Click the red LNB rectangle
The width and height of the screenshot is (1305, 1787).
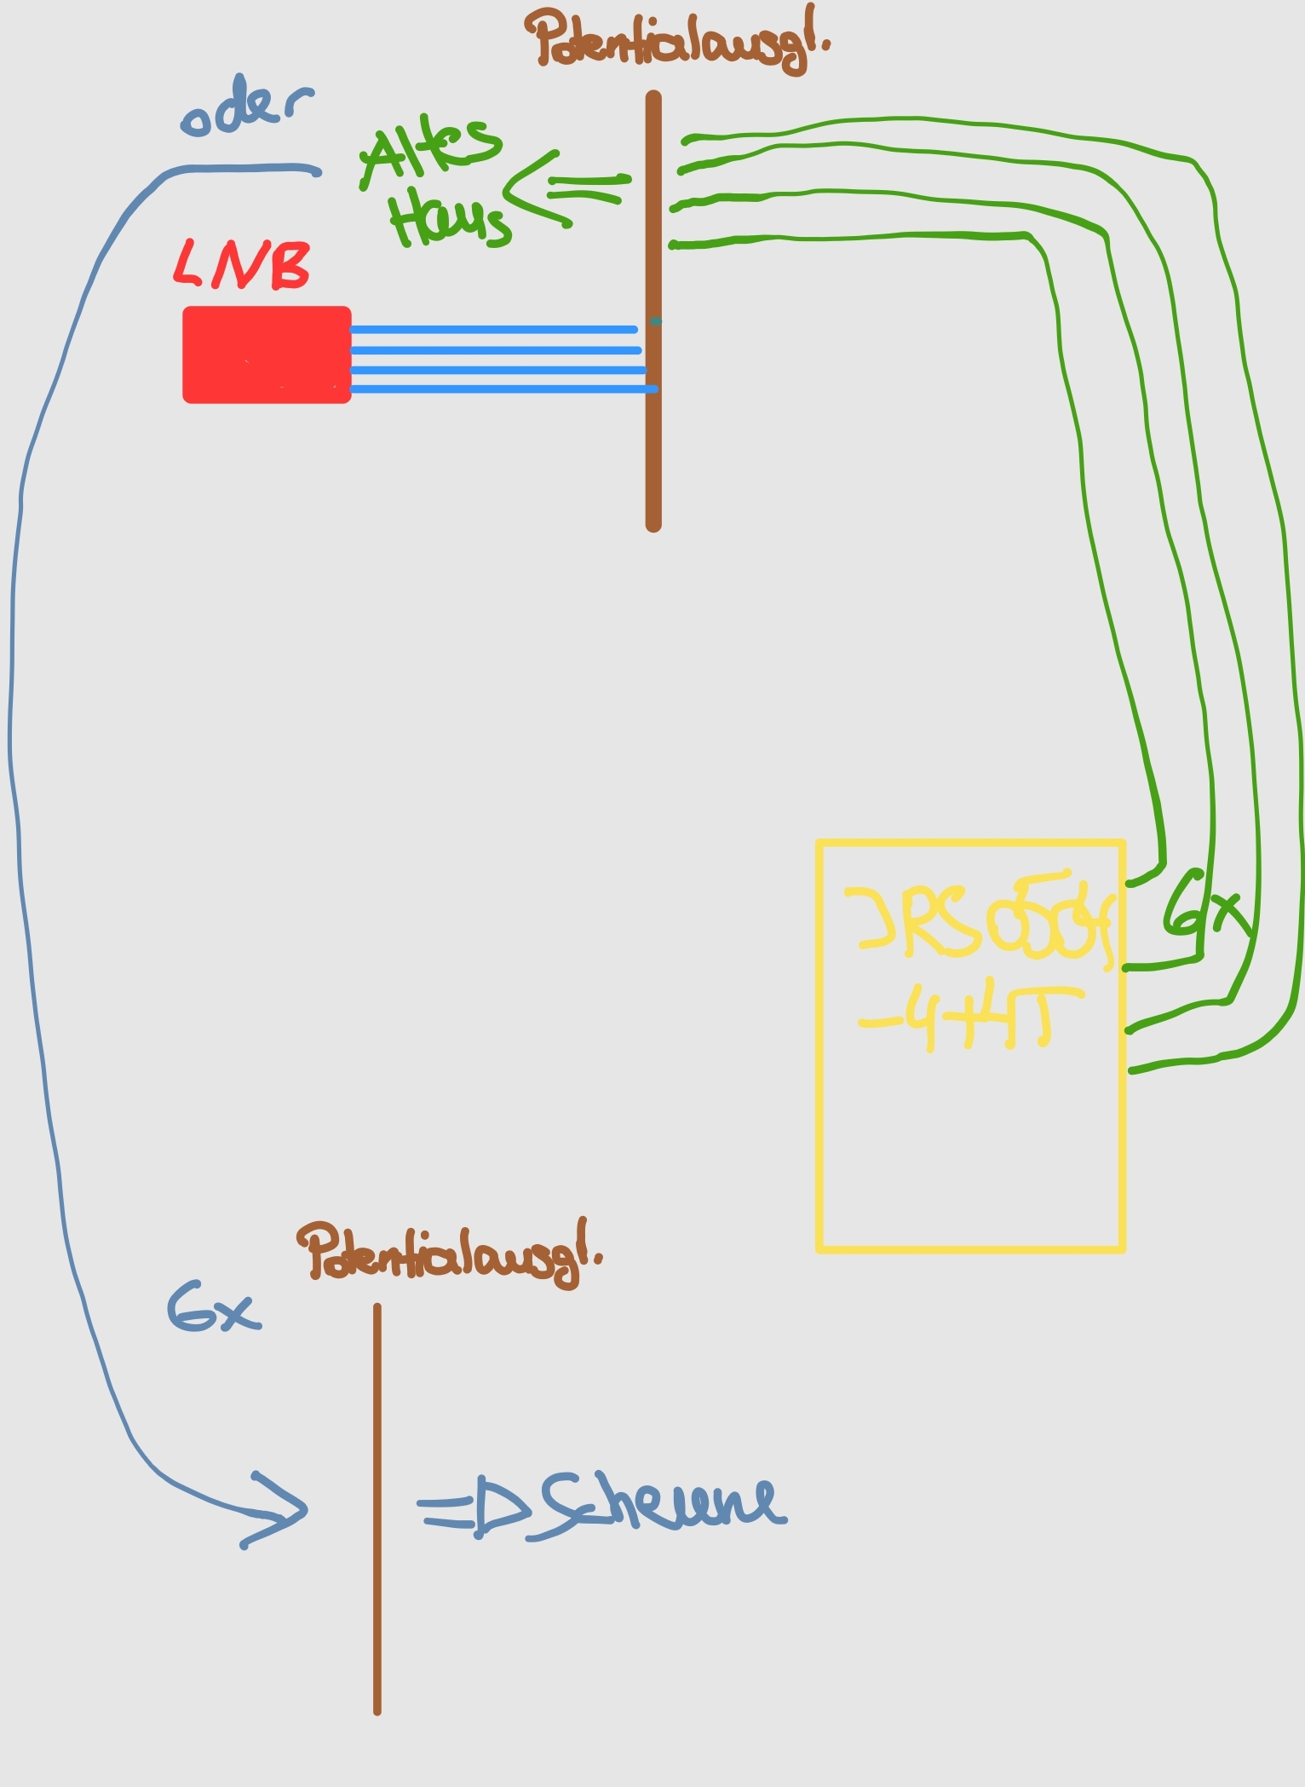267,354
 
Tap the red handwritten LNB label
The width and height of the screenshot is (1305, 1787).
242,265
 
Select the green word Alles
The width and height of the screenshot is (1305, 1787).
430,153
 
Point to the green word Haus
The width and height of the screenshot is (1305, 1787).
449,219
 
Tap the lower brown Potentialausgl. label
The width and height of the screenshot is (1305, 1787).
447,1254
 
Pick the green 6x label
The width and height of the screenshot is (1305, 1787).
1205,908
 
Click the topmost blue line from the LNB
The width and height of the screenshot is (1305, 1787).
494,329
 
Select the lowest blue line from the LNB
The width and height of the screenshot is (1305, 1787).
503,389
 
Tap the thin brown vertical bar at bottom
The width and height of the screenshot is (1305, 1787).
377,1508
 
